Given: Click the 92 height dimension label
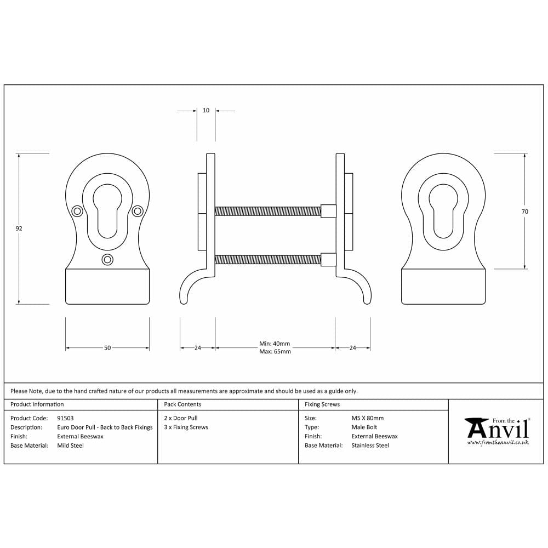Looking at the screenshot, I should pos(19,228).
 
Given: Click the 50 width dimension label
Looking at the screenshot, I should pos(107,348).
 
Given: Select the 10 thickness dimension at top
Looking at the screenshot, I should pos(206,111).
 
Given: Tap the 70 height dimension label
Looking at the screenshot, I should pos(525,211).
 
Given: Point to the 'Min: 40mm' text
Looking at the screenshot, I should pos(275,344).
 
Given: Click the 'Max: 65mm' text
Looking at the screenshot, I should pos(275,351).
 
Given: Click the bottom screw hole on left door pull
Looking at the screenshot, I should pos(107,259).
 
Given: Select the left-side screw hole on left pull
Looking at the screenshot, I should pos(77,210).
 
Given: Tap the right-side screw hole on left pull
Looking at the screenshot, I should pos(138,210).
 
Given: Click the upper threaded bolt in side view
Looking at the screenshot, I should pos(267,211).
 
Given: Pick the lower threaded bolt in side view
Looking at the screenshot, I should pos(267,259).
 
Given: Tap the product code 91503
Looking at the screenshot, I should pos(65,418).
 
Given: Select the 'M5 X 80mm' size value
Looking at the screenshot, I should pos(367,418).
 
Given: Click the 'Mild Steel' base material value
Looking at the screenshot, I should pos(70,446).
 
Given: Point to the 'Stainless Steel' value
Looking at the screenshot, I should pos(370,446).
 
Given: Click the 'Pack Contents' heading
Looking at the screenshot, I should pos(182,404).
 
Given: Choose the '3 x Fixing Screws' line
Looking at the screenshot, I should pos(186,427).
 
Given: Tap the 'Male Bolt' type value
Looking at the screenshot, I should pos(364,427).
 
